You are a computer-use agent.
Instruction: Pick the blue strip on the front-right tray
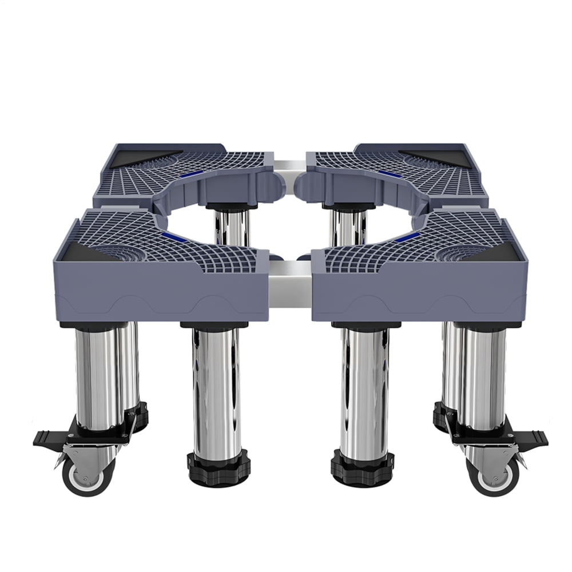(407, 236)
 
